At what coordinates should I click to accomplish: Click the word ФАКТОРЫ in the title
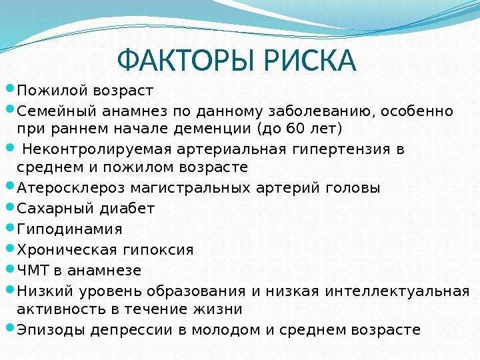tap(186, 60)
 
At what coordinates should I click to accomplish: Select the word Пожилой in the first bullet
tap(52, 91)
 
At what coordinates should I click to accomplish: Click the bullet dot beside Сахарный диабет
tap(10, 207)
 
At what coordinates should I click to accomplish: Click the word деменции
tap(213, 129)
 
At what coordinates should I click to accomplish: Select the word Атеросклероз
tap(71, 188)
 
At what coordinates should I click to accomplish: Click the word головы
tap(353, 188)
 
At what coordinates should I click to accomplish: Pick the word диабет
tap(127, 209)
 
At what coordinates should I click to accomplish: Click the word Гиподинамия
tap(69, 229)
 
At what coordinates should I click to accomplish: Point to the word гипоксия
tap(158, 250)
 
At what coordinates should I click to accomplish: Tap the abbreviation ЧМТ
tap(33, 270)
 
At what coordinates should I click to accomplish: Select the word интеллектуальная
tap(397, 291)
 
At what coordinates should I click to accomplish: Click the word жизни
tap(217, 309)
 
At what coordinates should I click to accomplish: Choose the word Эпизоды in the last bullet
tap(51, 330)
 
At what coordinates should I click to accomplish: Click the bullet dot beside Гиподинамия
tap(10, 227)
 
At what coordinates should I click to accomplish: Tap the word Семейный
tap(56, 111)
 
